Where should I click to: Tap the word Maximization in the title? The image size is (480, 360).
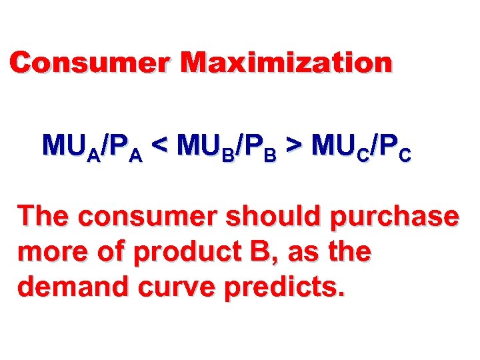point(287,63)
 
